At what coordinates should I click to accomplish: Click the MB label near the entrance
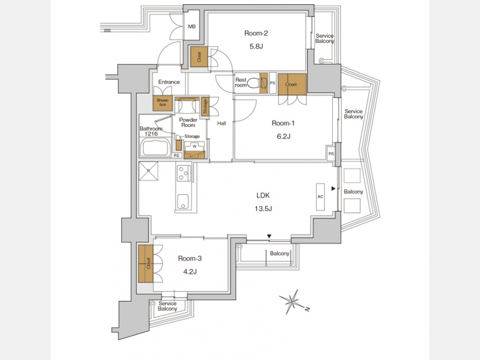191,27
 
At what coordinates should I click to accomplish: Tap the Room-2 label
256,33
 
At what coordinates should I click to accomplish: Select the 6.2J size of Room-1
284,136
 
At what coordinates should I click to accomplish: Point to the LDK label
263,195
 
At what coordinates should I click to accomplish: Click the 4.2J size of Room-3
190,271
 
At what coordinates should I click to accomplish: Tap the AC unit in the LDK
320,197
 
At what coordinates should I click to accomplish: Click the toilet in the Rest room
254,83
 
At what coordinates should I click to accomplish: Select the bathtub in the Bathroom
155,147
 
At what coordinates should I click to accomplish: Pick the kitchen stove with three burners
183,173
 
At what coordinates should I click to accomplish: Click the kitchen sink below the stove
183,202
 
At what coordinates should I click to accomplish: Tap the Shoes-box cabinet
163,103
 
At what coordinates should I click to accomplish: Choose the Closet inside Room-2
199,57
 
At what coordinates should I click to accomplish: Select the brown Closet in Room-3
146,263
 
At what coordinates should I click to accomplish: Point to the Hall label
222,123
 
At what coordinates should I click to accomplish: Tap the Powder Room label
188,123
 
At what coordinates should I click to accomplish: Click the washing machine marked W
195,147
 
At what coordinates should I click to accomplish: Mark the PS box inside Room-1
331,154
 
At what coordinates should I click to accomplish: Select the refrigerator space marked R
148,171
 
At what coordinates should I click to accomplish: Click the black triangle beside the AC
333,189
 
